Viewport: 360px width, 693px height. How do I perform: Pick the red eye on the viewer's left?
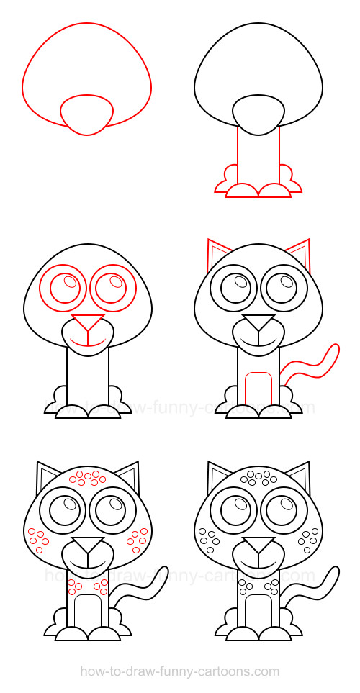(x=63, y=287)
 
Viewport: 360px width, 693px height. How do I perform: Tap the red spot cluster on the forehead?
(x=84, y=478)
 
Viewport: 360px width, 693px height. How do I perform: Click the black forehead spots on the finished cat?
(x=257, y=477)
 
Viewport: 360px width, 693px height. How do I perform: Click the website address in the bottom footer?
(x=179, y=671)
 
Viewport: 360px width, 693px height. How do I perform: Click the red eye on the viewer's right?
(x=112, y=287)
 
